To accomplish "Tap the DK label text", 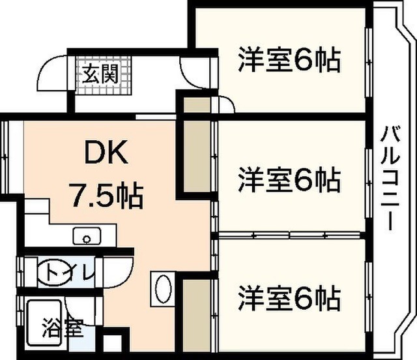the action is click(106, 152).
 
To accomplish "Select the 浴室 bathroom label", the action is click(63, 327).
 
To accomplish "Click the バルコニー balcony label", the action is click(390, 178).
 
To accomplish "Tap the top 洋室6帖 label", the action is click(289, 60).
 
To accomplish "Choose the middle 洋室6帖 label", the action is click(289, 179).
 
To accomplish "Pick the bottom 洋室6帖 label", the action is click(289, 298).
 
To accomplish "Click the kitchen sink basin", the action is click(87, 236).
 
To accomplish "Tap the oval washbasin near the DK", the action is click(163, 289).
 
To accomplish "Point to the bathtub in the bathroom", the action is click(44, 322).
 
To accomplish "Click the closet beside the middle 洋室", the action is click(197, 156).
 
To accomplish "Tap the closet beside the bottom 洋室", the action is click(197, 315).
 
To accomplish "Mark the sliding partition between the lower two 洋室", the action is click(289, 235).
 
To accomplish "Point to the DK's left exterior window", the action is click(5, 158).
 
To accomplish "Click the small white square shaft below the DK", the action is click(113, 344).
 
